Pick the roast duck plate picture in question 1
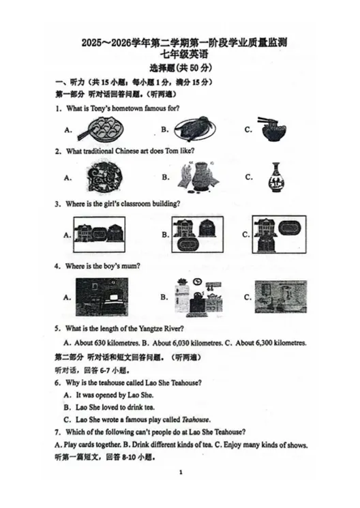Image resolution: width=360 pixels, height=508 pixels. coord(195,128)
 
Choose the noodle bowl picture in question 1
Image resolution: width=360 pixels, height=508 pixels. coord(277,128)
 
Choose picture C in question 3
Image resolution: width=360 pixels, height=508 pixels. coord(276,235)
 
